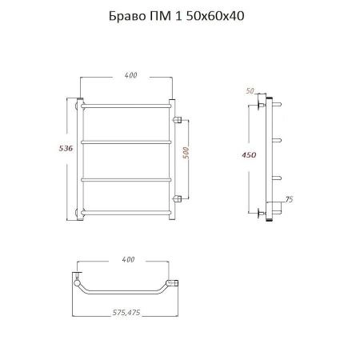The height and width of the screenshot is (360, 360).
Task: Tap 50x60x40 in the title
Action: click(x=215, y=16)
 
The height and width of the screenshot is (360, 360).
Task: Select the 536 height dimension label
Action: click(x=66, y=149)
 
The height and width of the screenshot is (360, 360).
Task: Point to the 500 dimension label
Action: click(x=186, y=153)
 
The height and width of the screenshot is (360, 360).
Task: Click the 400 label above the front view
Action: click(x=130, y=75)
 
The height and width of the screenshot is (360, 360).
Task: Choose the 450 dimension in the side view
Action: click(x=249, y=155)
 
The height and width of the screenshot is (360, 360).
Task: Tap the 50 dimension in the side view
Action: click(x=250, y=91)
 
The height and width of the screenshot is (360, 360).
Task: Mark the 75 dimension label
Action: click(x=289, y=199)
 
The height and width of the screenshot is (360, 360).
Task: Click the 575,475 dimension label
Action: click(x=126, y=312)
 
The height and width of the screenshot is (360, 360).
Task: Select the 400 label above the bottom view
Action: click(x=128, y=259)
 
